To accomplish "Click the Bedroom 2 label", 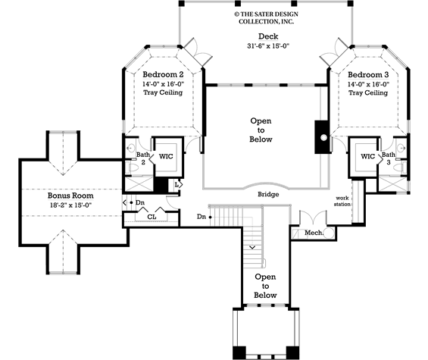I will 163,75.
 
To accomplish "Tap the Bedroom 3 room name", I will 368,75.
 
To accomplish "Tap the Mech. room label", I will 314,233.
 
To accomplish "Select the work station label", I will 344,201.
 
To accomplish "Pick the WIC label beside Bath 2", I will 165,156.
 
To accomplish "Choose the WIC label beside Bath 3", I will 367,156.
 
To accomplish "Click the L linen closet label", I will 176,184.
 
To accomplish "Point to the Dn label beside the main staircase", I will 201,218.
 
